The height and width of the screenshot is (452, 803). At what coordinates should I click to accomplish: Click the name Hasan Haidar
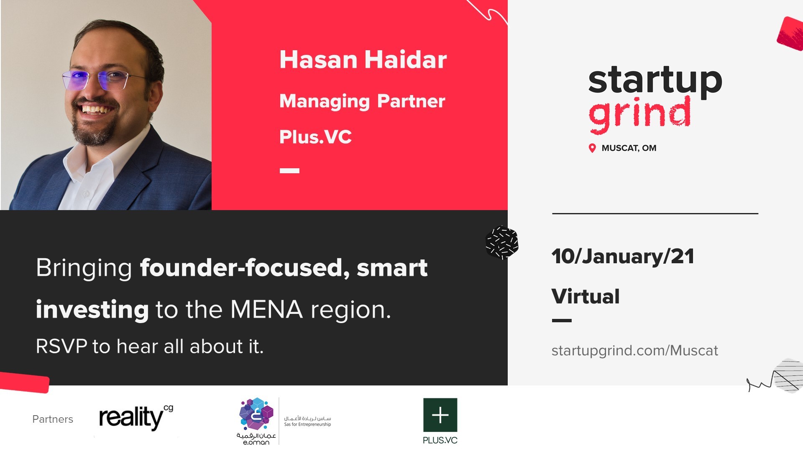point(363,60)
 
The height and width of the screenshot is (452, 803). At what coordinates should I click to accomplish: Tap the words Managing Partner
point(362,102)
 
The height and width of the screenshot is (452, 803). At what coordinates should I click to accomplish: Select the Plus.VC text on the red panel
point(315,137)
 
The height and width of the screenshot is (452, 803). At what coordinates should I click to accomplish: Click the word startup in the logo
point(655,81)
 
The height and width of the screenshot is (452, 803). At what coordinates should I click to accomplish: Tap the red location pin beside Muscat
point(592,148)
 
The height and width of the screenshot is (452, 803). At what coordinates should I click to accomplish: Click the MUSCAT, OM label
point(629,148)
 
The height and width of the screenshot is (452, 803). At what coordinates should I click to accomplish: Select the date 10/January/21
point(623,257)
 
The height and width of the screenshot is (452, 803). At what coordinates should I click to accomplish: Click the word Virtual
point(586,297)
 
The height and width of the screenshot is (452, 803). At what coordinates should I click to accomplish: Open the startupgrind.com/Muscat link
point(634,351)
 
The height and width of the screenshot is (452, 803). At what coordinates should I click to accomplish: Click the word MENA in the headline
point(266,310)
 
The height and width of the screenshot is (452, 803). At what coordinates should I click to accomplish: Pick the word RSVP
point(61,347)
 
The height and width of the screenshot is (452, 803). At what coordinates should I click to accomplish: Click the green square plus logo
point(440,415)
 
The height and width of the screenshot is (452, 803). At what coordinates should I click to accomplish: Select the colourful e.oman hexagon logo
point(256,414)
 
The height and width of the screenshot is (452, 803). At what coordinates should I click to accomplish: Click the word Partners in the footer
point(53,419)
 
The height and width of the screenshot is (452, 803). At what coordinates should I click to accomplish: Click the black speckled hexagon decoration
point(502,242)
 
